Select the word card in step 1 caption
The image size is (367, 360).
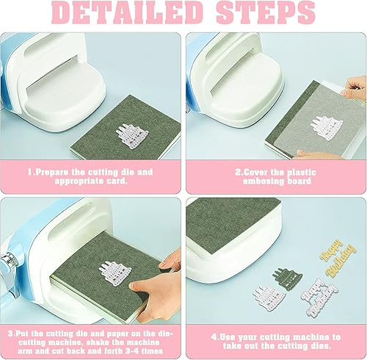click(x=117, y=182)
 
